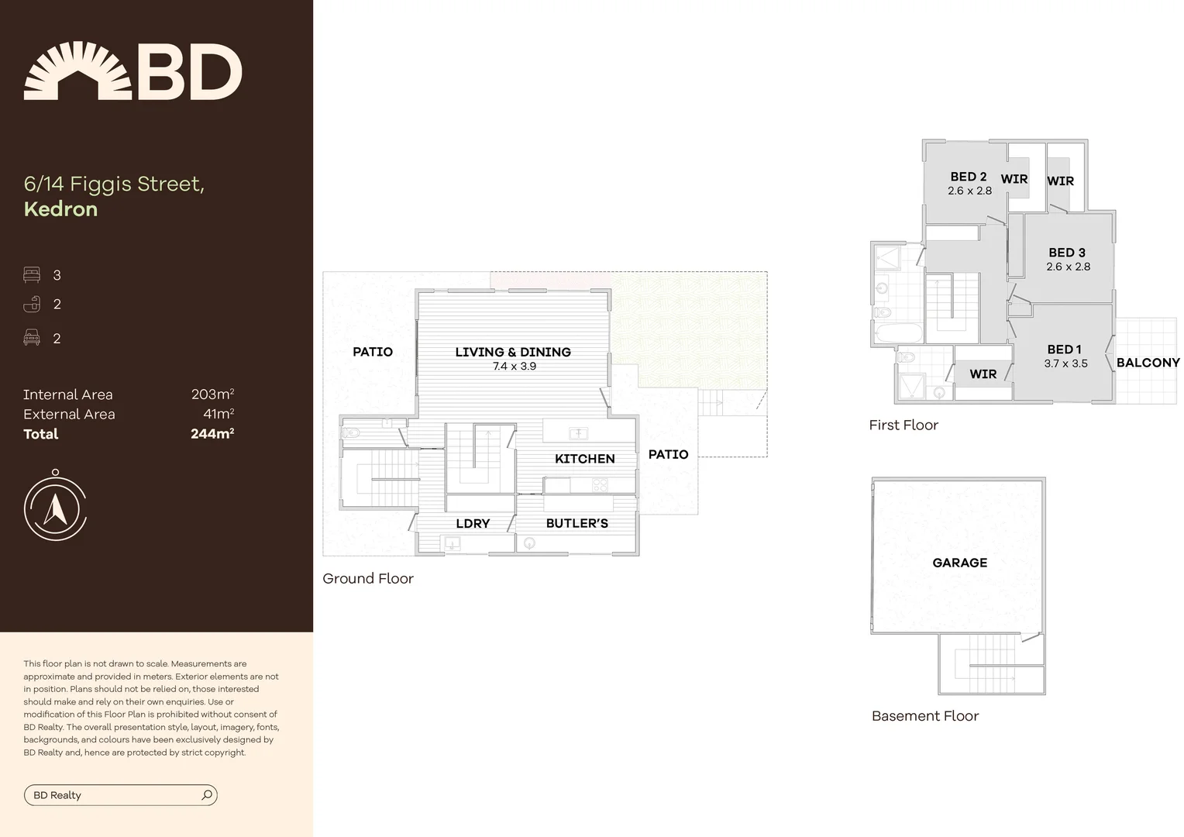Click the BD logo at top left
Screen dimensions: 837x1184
point(133,71)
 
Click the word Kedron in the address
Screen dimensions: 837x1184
point(60,209)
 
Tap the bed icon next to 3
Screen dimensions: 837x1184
point(32,274)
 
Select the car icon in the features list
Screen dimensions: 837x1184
point(32,337)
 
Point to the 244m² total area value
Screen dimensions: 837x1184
point(212,434)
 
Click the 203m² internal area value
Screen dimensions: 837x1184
point(212,394)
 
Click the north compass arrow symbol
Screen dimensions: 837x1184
point(54,508)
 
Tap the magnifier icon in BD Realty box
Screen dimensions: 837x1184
point(206,794)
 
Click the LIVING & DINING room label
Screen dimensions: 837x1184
point(512,352)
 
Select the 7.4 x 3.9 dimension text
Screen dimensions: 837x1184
point(514,367)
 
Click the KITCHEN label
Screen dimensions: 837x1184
point(584,459)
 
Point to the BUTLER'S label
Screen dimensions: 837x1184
point(577,524)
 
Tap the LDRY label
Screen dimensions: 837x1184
point(473,524)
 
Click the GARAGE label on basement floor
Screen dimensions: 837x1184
point(959,563)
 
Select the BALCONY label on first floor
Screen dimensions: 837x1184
point(1148,363)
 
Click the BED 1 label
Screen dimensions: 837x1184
point(1064,350)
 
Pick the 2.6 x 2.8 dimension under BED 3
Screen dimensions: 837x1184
point(1068,267)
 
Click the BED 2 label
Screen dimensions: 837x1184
point(968,177)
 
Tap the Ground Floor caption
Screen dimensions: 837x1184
point(367,578)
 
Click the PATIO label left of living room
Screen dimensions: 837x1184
point(372,352)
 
